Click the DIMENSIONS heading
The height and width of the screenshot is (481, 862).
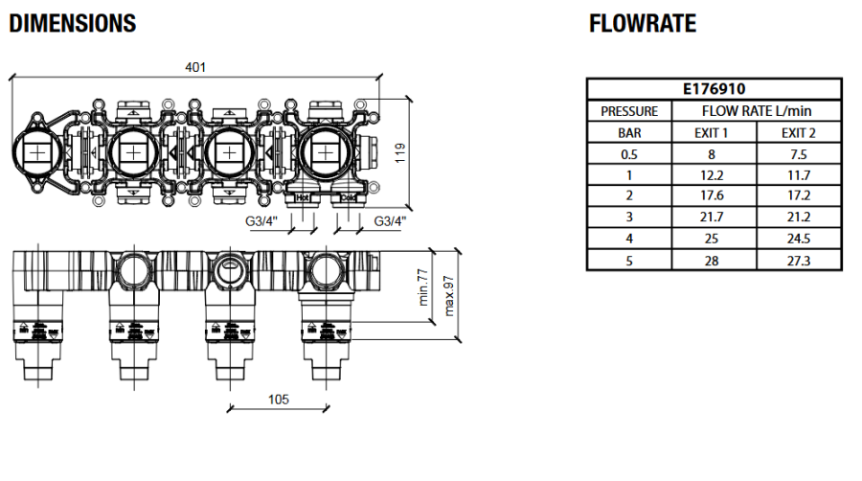(73, 23)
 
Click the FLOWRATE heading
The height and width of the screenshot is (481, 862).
(643, 23)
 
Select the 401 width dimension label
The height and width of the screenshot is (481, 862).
(196, 67)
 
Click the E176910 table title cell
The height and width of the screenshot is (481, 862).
(715, 89)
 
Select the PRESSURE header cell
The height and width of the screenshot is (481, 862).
(629, 111)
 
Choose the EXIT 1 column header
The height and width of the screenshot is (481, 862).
(712, 132)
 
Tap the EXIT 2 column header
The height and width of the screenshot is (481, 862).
(798, 132)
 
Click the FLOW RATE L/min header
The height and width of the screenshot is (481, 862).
(756, 111)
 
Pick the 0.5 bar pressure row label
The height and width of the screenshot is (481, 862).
(629, 154)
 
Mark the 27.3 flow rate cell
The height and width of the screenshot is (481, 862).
(798, 260)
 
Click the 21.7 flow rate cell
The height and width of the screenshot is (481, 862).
(712, 218)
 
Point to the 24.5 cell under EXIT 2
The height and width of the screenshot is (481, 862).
(798, 239)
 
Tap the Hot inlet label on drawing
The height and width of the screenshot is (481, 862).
(302, 198)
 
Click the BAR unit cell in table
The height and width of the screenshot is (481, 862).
(629, 132)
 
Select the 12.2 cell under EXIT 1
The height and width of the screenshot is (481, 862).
(712, 175)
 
